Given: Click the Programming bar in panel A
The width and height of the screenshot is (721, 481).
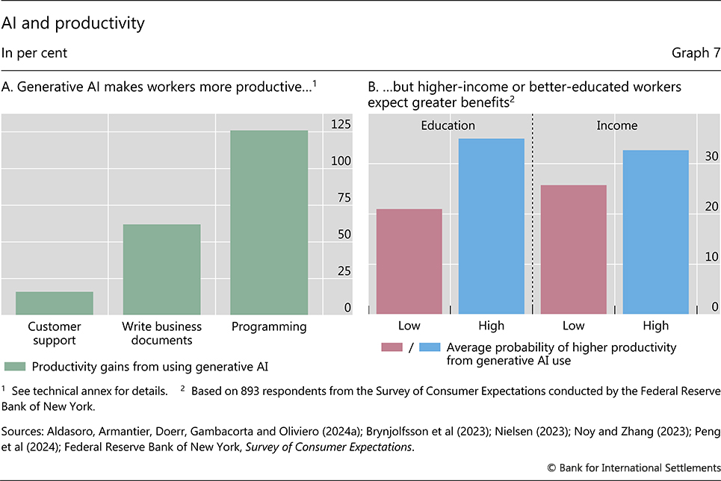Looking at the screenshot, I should click(269, 223).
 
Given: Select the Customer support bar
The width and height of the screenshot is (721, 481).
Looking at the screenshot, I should click(55, 302).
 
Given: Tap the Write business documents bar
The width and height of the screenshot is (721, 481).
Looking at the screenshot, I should click(161, 269).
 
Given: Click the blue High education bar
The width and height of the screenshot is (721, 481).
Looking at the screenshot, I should click(491, 226).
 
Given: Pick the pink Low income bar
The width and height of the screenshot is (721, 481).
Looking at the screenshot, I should click(573, 249).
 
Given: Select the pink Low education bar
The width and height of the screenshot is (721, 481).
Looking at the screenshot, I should click(409, 261).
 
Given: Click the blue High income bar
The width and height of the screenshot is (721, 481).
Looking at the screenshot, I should click(655, 232).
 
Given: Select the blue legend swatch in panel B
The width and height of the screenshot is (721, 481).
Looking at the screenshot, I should click(430, 347).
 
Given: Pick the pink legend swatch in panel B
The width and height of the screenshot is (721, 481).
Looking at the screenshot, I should click(392, 347).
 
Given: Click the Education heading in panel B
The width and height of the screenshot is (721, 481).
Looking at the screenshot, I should click(448, 125).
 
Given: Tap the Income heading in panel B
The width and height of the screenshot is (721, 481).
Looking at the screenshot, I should click(616, 125).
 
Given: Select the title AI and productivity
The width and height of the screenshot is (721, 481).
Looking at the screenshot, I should click(72, 23).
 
